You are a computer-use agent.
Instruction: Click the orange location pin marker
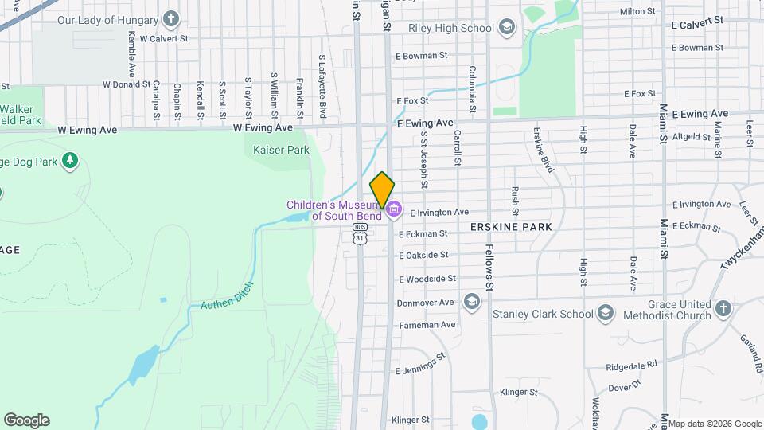(x=382, y=190)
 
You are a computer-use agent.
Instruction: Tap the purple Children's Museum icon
(x=394, y=210)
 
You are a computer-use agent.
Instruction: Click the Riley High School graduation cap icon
(x=507, y=28)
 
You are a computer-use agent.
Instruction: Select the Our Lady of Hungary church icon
(x=170, y=18)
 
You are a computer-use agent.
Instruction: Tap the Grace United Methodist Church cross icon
(x=723, y=308)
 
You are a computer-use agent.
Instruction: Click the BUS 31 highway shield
(x=361, y=233)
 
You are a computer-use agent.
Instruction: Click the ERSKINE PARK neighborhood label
(x=511, y=227)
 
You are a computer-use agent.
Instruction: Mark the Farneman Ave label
(x=427, y=324)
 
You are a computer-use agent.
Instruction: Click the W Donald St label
(x=127, y=84)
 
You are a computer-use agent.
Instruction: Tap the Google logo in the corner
(x=26, y=420)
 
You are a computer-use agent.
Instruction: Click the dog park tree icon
(x=71, y=161)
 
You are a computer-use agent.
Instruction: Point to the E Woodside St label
(x=427, y=279)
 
